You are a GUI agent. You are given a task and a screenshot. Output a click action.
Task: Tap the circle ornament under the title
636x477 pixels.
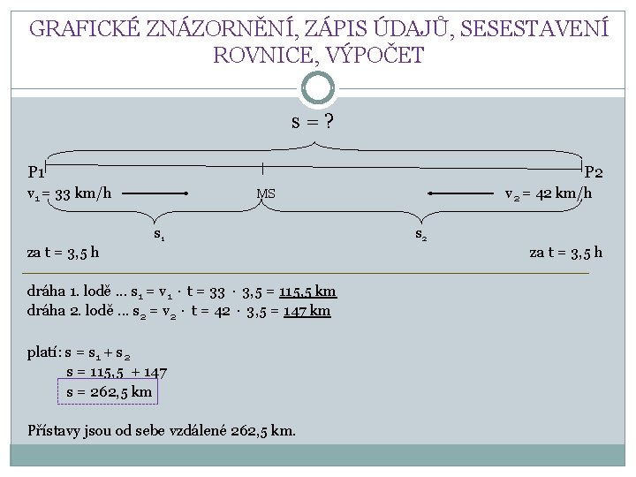click(x=318, y=88)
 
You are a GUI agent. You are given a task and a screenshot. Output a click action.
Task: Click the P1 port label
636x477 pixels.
click(x=36, y=172)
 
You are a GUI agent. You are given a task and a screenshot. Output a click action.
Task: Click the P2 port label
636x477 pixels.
click(x=594, y=172)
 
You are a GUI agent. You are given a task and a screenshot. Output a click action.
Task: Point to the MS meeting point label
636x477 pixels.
click(x=266, y=194)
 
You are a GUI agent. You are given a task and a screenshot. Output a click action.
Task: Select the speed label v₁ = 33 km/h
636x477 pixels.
click(x=69, y=193)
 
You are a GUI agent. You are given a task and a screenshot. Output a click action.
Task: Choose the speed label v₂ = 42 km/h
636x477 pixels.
click(x=548, y=193)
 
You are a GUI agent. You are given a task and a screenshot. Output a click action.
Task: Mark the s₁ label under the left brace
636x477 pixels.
click(x=160, y=235)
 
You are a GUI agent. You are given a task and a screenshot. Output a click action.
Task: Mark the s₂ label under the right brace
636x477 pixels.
click(x=421, y=235)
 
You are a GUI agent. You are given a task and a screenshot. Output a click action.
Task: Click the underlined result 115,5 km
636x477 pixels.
click(x=307, y=292)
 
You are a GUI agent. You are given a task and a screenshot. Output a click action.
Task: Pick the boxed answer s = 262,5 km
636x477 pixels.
click(x=109, y=390)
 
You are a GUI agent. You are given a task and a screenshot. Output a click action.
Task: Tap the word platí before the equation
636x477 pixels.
click(x=43, y=353)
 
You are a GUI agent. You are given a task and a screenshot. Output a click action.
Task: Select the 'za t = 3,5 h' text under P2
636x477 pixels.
click(x=565, y=253)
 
